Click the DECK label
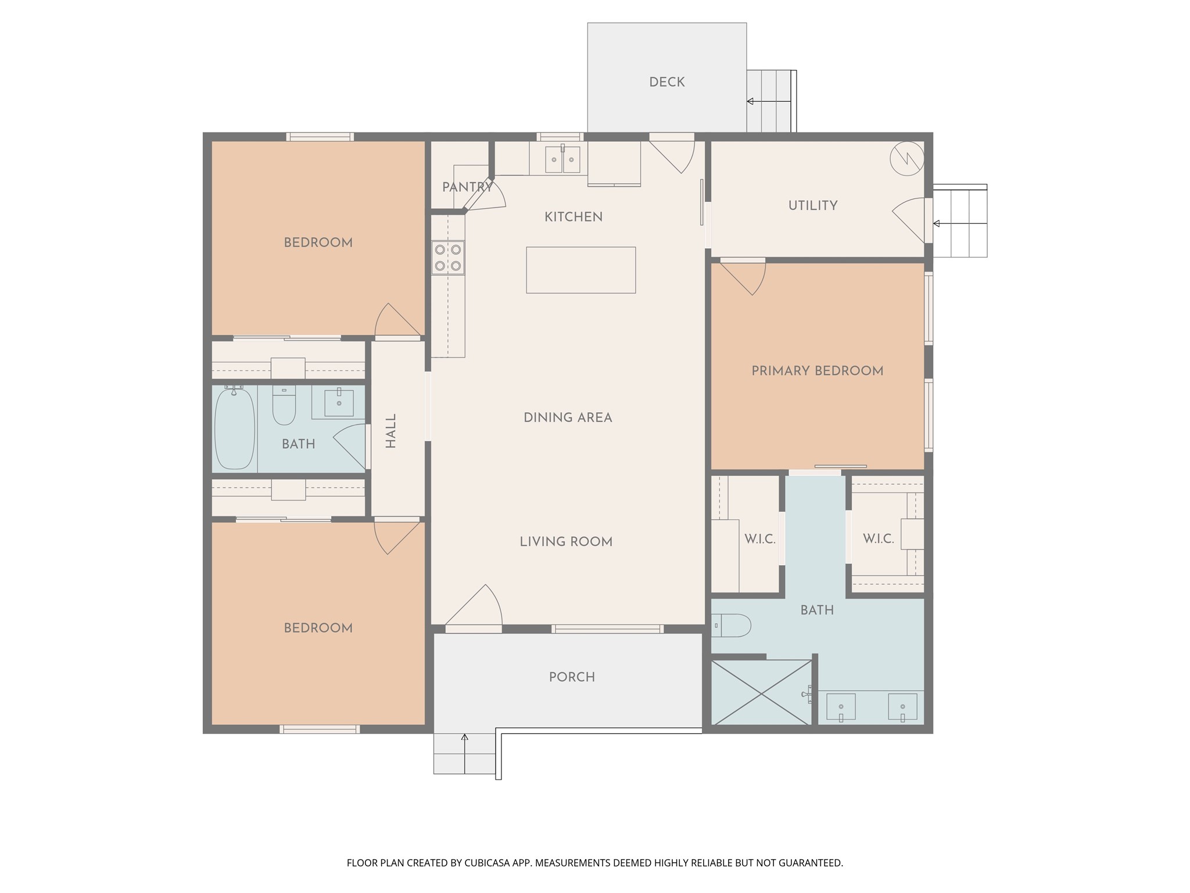pos(666,82)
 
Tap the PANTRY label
pos(467,187)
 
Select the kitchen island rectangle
pos(580,270)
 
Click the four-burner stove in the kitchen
pos(448,258)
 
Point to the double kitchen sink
pos(562,159)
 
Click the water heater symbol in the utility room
pos(906,158)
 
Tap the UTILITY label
pos(812,205)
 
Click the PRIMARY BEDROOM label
pos(817,371)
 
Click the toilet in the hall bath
pos(284,405)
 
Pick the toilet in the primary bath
pos(732,626)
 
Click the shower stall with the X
pos(761,692)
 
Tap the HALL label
pos(390,431)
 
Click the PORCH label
pos(572,677)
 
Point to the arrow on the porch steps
pos(464,754)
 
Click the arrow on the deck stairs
pos(769,101)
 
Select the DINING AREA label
pos(568,417)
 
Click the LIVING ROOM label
pos(566,542)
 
